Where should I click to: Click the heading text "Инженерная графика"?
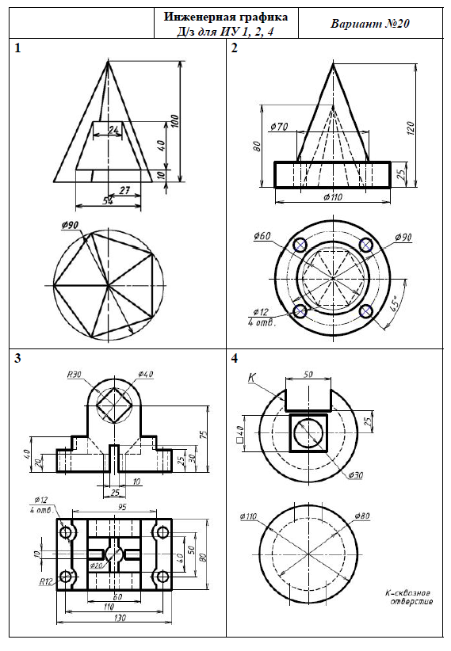226,17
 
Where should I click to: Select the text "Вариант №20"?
370,24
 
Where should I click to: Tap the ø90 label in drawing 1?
70,225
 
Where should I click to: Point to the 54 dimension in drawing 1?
108,200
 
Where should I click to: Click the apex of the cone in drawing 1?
108,61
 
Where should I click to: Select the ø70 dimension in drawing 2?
279,127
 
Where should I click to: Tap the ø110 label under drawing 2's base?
333,196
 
